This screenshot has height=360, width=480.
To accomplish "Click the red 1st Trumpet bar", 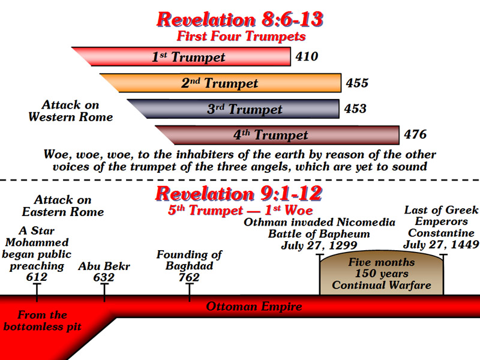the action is pos(184,56).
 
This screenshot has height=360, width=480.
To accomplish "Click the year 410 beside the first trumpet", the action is pos(307,56).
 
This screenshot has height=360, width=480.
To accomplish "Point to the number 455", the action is pos(357,83).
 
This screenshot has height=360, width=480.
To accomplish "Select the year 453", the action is pos(355,109).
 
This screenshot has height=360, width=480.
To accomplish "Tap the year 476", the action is pos(415,134).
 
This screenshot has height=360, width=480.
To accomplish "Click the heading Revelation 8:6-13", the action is pos(240,20).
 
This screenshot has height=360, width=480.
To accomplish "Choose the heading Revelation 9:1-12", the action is pos(239,194).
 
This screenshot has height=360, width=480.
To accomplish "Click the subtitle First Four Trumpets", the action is pos(241,36).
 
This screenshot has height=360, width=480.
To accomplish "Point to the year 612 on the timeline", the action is pos(37,277).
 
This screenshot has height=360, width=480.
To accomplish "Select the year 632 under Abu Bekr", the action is pos(104,277).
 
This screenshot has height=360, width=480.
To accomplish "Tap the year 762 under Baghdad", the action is pos(189,277).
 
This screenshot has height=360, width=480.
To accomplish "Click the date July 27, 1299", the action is pos(319,245).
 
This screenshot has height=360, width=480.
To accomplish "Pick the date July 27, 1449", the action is pos(441,245).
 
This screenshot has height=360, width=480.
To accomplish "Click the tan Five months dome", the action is pos(382,274).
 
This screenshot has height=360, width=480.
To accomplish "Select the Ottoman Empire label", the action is pos(254,307).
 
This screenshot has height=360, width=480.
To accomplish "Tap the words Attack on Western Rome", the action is pos(71,111).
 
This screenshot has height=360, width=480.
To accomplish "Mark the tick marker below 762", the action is pos(190,292).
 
